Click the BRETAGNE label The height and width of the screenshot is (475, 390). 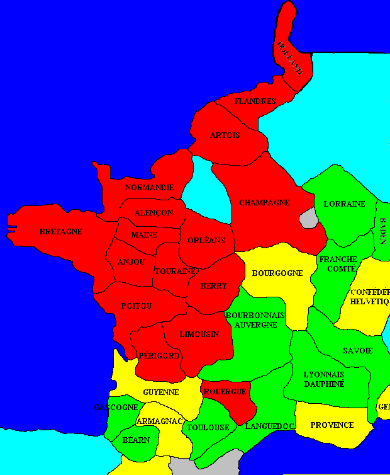tap(60, 232)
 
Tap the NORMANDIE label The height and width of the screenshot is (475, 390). tap(148, 188)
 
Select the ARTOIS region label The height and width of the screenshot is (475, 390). tap(225, 135)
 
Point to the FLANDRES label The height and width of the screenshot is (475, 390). tap(255, 101)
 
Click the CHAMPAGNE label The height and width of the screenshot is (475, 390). tap(264, 203)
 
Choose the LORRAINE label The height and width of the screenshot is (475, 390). tap(344, 204)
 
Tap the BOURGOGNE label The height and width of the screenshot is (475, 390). tap(277, 273)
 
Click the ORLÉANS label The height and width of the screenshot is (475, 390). tap(206, 240)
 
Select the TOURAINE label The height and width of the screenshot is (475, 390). tap(174, 271)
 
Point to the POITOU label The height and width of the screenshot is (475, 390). tap(136, 306)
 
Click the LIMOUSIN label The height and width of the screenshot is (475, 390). tap(199, 334)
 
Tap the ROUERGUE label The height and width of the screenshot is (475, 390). tap(225, 391)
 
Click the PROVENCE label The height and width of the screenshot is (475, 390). tap(332, 425)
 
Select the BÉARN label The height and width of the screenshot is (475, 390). tap(136, 439)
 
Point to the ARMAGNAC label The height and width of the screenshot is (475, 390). tap(160, 421)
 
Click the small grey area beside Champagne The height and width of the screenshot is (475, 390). tap(308, 219)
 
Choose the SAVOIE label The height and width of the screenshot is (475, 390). tap(357, 350)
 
